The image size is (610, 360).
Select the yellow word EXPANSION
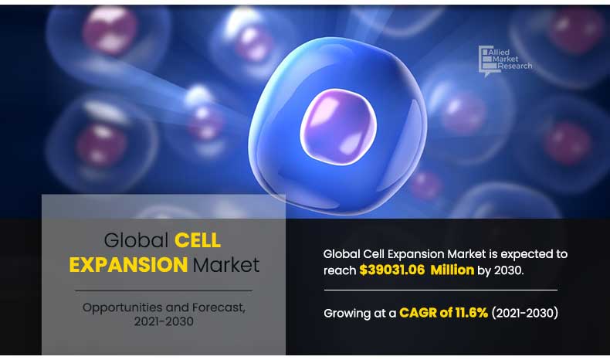coord(128,265)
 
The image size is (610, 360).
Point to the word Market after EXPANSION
coord(226,265)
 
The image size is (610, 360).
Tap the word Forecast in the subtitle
coord(219,307)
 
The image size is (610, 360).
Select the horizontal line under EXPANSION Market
coord(164,290)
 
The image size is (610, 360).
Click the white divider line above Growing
coord(440,290)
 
